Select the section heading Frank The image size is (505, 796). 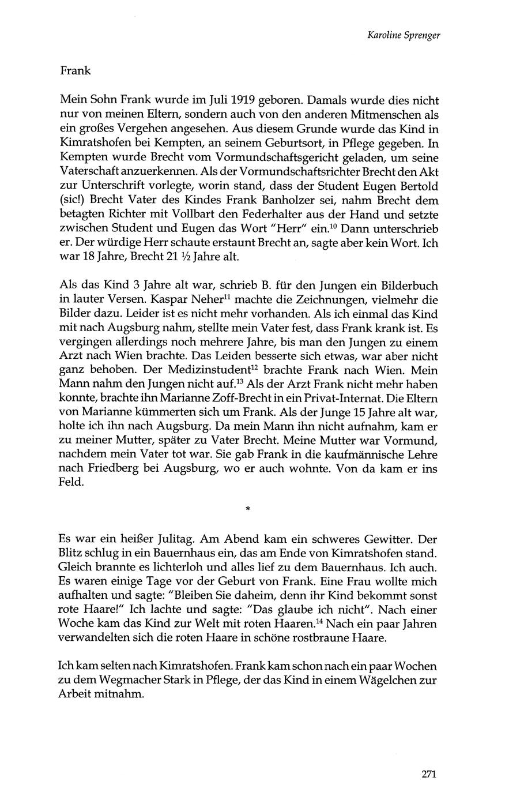pyautogui.click(x=75, y=72)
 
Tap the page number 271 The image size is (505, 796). pyautogui.click(x=430, y=774)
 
